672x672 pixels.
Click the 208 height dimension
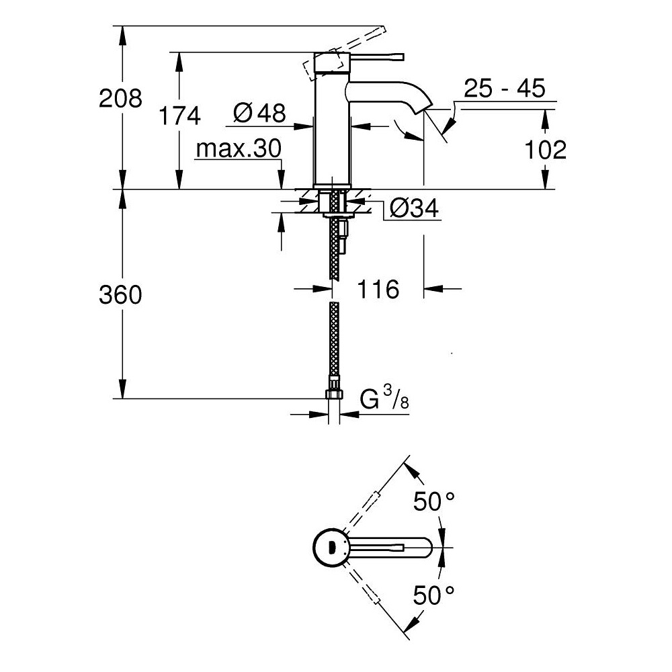120,98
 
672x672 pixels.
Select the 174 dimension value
179,116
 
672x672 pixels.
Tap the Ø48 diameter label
259,113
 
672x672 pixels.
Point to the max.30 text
239,149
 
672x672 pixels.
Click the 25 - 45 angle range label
505,88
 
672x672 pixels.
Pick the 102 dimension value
545,150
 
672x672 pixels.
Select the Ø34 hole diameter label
414,209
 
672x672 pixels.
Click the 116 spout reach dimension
378,289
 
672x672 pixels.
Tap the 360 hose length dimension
120,295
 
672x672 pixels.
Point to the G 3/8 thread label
384,397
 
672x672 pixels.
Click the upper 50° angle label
433,501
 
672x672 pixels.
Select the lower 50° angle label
433,595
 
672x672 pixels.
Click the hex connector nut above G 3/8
334,393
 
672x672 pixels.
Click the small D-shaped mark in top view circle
331,547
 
